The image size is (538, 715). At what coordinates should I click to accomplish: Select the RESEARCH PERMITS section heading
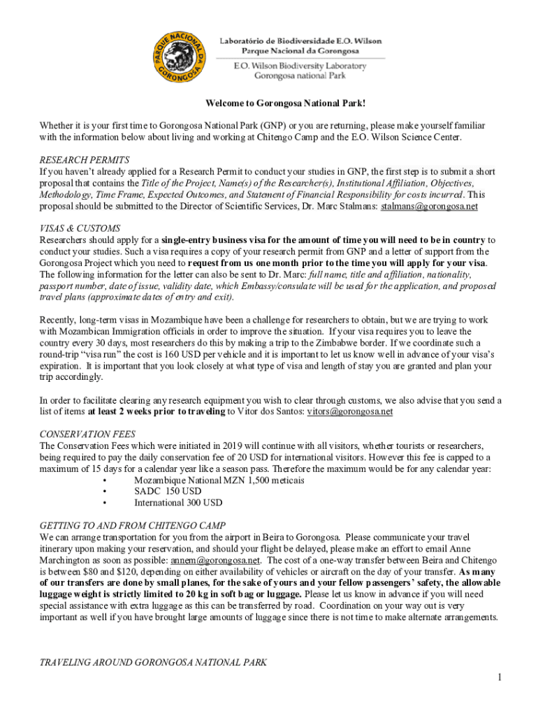coord(85,160)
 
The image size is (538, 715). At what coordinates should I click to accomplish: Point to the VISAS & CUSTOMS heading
coord(80,228)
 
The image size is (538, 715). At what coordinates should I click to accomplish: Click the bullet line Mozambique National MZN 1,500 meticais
coord(219,480)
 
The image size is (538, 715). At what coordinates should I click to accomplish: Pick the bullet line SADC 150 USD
coord(168,492)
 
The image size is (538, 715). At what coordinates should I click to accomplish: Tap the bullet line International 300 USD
coord(178,502)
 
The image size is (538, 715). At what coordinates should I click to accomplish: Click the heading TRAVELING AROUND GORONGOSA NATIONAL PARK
coord(152,662)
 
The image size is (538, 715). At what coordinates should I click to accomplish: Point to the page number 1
coord(500,677)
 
